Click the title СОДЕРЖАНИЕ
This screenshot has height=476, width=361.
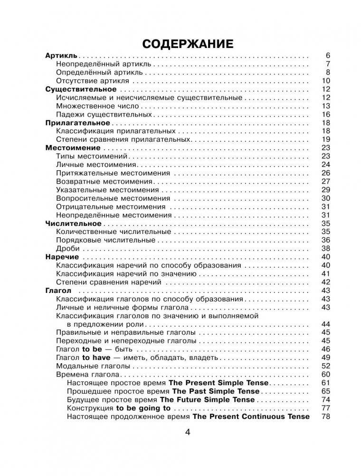(187, 44)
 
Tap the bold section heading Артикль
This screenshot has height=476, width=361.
(61, 55)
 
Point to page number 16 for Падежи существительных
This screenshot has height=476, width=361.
(325, 115)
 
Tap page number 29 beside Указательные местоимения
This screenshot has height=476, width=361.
(325, 190)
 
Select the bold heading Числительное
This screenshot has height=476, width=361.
(73, 223)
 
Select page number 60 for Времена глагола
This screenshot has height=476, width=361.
(325, 374)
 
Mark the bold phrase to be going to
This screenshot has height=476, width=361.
(143, 408)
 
